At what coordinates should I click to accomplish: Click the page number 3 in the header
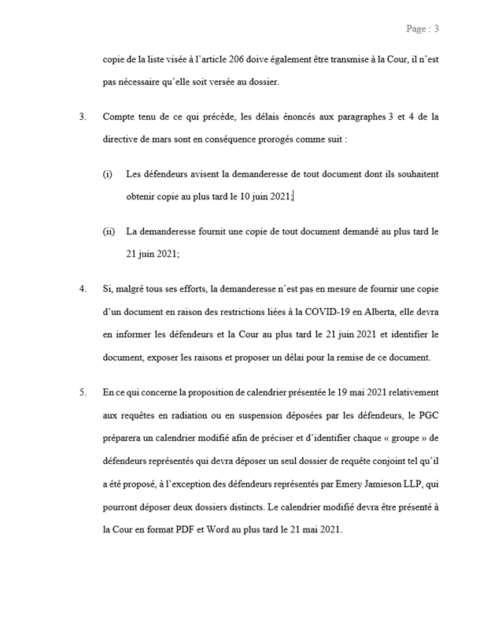click(436, 29)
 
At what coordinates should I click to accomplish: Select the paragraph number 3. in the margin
click(83, 117)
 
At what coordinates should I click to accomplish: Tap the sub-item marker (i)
click(108, 173)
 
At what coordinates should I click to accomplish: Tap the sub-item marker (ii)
click(109, 232)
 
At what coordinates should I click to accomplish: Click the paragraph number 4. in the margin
click(83, 289)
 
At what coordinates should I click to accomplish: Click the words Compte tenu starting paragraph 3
click(124, 117)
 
